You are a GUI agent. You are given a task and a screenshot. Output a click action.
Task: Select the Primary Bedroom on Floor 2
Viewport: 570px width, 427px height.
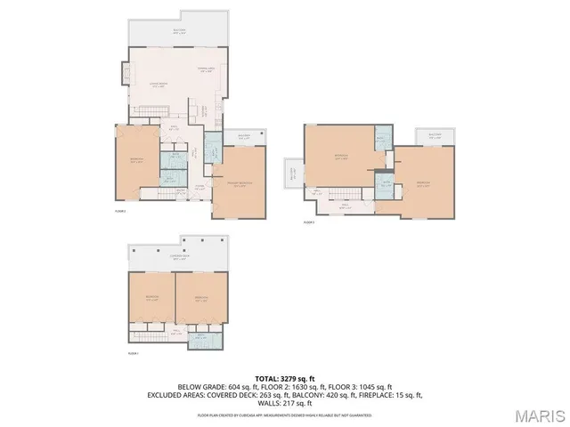tap(240, 183)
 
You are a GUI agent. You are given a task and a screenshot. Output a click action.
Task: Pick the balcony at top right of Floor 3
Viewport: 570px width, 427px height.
tap(436, 137)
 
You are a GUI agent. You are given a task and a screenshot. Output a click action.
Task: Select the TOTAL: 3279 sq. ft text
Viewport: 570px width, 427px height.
tap(286, 378)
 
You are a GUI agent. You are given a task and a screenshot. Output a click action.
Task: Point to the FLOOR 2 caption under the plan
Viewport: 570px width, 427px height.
tap(121, 213)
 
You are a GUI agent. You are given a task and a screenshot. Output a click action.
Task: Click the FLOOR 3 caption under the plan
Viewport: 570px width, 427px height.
tap(310, 222)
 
